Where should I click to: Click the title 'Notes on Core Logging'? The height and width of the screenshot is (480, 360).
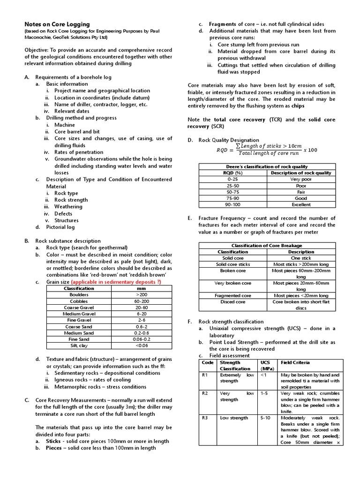[57, 24]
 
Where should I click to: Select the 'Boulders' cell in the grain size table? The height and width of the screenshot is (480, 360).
[79, 295]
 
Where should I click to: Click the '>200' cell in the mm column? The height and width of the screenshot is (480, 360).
[141, 295]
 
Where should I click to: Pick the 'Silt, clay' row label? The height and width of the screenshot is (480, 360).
[79, 345]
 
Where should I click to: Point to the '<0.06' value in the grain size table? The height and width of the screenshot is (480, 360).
[141, 345]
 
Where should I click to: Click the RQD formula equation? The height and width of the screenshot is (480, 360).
[266, 150]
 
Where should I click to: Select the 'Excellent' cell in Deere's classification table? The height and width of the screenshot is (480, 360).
[301, 204]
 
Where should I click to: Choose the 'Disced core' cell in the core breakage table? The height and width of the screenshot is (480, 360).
[233, 302]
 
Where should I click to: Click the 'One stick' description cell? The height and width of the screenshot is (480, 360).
[301, 258]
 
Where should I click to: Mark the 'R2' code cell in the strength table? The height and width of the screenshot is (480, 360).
[205, 393]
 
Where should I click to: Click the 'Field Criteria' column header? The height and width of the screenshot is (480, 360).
[295, 362]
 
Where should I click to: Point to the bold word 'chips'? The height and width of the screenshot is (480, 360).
[298, 106]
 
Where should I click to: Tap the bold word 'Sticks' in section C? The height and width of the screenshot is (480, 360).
[56, 441]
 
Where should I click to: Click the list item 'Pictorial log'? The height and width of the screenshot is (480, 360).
[60, 227]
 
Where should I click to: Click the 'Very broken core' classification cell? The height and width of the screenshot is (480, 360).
[233, 283]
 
